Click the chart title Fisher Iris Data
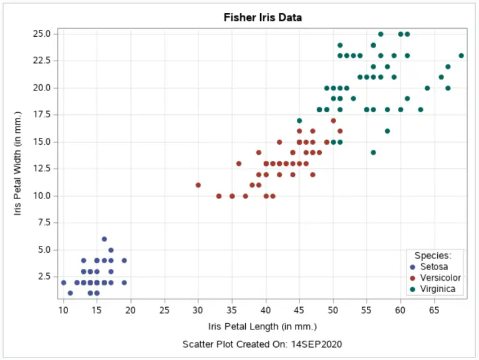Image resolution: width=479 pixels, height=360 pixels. click(263, 17)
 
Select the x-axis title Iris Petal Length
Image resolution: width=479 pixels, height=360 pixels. click(263, 326)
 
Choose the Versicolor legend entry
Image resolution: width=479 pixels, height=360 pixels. click(440, 278)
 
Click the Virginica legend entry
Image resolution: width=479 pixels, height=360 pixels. click(438, 289)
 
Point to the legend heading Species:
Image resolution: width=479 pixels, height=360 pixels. click(433, 255)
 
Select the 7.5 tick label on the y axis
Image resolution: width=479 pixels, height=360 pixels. click(44, 223)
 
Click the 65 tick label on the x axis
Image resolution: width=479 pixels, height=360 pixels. click(434, 310)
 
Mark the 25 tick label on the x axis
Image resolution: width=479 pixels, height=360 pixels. click(165, 310)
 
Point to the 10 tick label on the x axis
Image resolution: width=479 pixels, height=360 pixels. click(63, 310)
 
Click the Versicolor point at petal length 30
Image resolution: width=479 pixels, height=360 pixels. click(198, 185)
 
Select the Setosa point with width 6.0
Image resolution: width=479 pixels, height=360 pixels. click(104, 239)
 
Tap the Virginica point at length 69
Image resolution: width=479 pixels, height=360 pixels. click(462, 56)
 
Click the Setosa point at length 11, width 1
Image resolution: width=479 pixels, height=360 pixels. click(70, 293)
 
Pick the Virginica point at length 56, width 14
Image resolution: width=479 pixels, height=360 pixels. click(374, 152)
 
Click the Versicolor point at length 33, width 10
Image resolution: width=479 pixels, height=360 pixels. click(218, 196)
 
